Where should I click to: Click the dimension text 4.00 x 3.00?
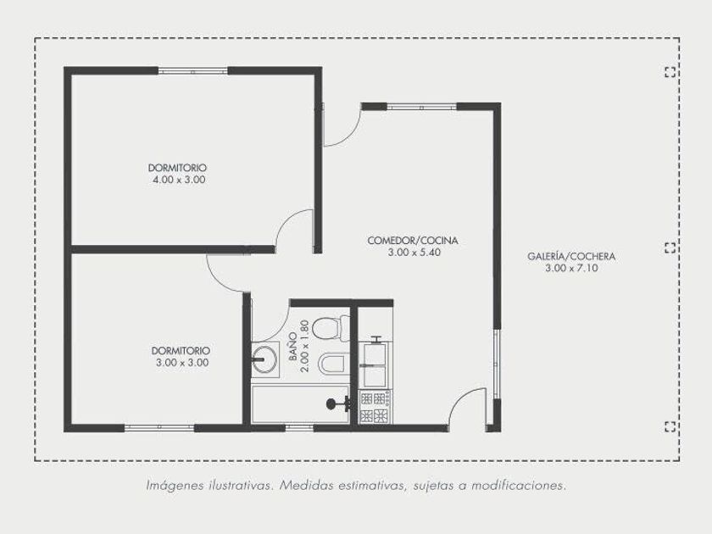179,180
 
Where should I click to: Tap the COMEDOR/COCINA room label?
413,240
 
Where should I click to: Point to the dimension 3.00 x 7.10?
571,268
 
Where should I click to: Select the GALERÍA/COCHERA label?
571,256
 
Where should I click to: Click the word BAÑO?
293,347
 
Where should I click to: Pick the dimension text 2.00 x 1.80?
304,347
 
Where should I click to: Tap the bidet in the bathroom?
334,364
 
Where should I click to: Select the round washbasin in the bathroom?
264,359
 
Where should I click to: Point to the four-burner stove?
375,406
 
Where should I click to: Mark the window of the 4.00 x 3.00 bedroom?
193,71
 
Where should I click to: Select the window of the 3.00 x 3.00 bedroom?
159,428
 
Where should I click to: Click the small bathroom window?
299,428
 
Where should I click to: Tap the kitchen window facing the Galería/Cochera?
498,364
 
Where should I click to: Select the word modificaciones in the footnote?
519,486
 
